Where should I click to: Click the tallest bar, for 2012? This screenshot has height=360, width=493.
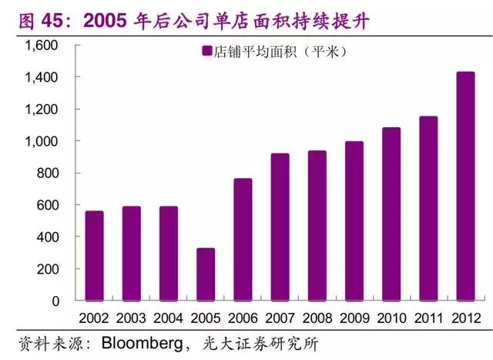pos(465,186)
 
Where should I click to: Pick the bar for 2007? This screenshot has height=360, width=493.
pos(280,227)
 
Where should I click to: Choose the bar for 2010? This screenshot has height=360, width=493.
pos(391,214)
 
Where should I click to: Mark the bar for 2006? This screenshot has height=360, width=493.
pos(243,240)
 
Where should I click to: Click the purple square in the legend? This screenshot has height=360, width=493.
pos(206,52)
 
